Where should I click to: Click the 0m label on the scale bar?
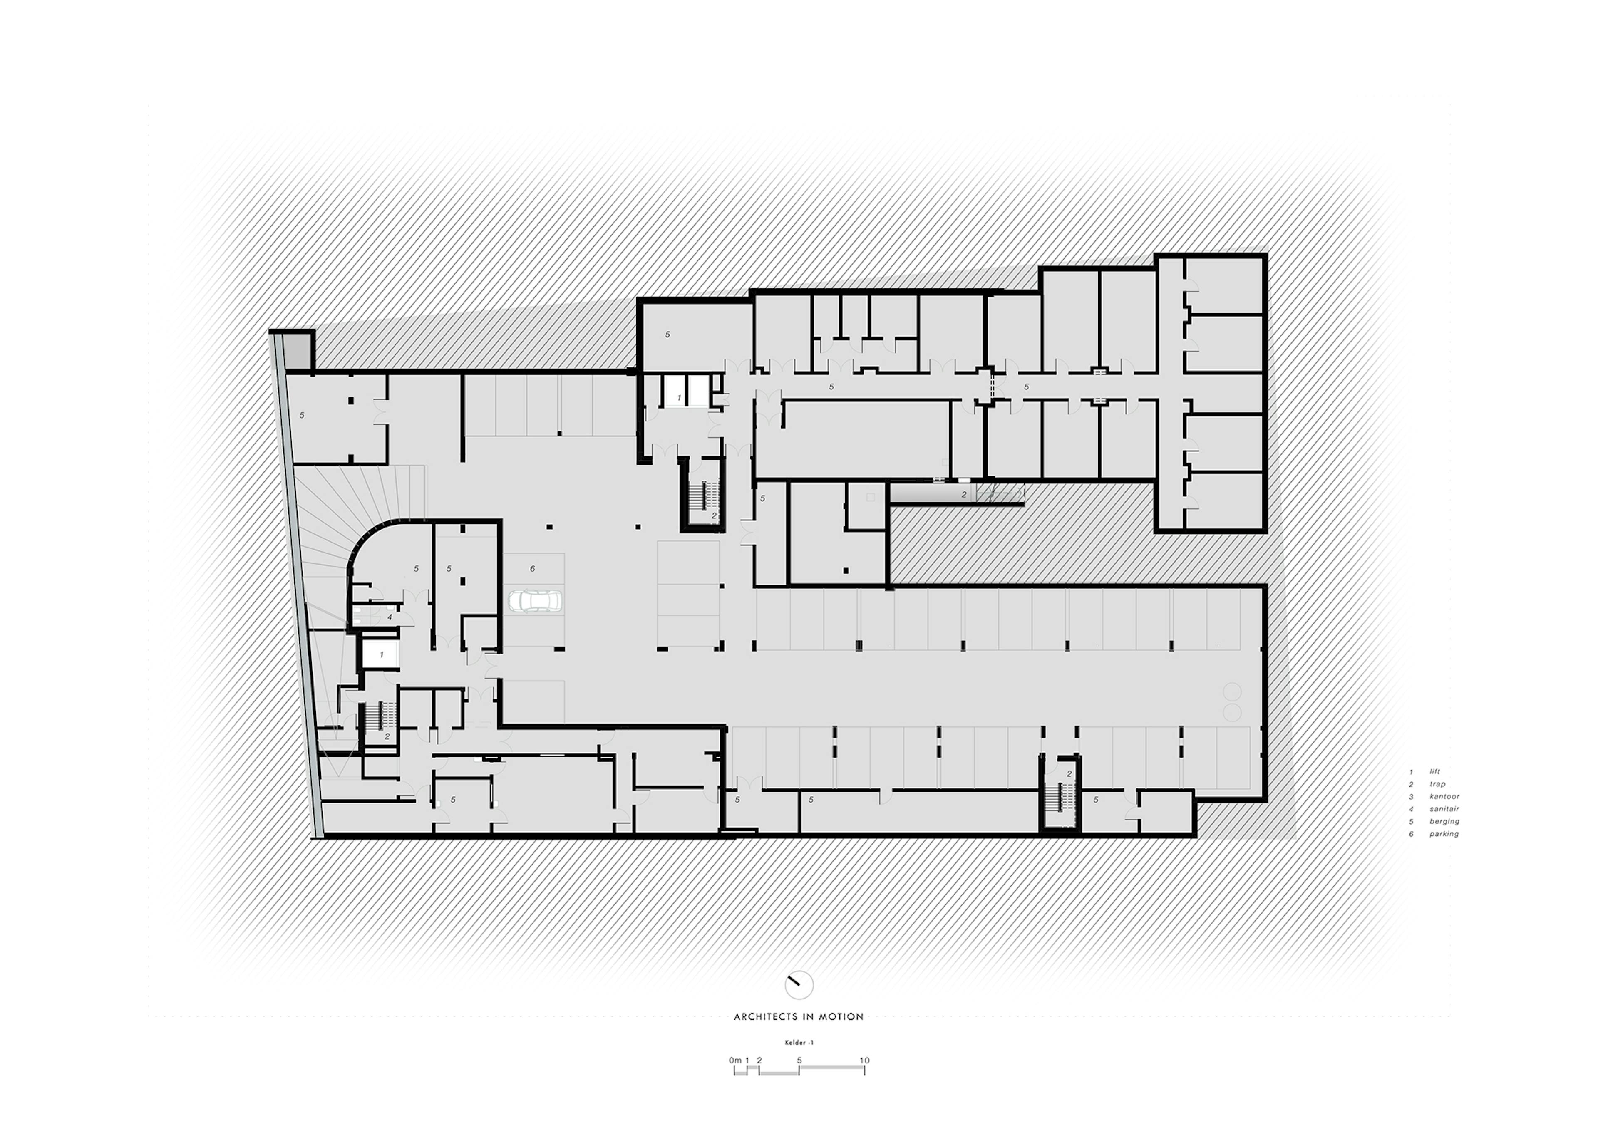pos(735,1061)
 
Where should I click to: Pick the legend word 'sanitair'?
pos(1444,808)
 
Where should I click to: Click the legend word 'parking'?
pos(1444,834)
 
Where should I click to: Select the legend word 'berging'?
pos(1444,821)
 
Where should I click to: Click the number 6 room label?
pos(532,568)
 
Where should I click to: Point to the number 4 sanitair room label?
pos(390,617)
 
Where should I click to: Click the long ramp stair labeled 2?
pos(958,494)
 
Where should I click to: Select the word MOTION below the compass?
pos(841,1016)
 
